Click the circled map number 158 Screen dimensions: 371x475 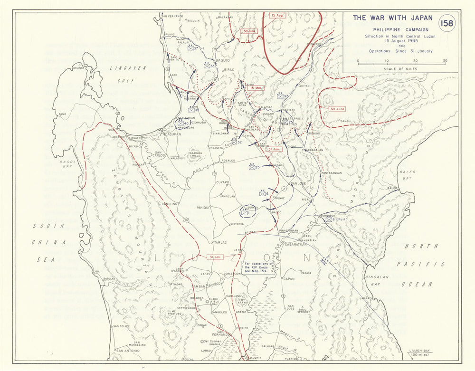coord(447,23)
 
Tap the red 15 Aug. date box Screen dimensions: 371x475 coord(277,15)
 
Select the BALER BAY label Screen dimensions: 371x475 coord(408,175)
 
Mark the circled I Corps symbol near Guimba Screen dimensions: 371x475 coord(247,212)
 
